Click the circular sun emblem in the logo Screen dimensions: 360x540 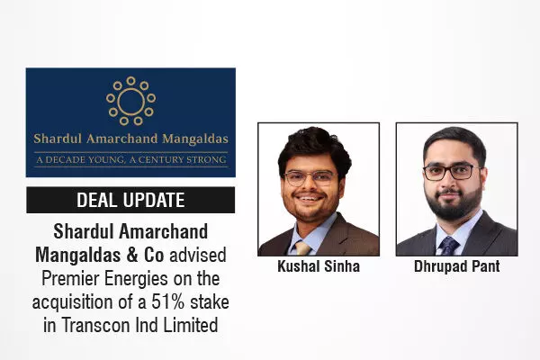click(130, 100)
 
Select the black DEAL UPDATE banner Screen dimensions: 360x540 click(130, 200)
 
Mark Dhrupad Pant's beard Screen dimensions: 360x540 click(455, 202)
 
